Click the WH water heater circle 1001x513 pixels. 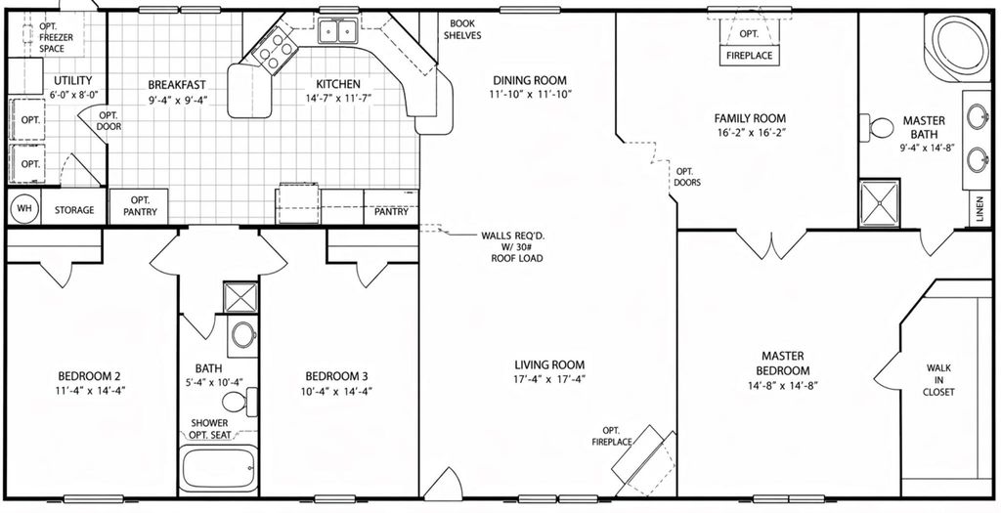24,209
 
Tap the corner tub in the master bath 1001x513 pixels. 956,46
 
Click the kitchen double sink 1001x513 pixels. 337,31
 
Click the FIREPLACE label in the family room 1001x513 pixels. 750,56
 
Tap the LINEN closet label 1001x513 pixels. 979,209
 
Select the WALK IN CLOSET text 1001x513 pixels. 938,380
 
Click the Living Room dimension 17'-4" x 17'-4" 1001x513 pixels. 549,378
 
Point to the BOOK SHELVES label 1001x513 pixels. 462,29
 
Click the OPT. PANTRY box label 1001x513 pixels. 139,205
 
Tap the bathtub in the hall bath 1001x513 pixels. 218,470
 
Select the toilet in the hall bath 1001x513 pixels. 239,402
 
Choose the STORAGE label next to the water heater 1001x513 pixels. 74,210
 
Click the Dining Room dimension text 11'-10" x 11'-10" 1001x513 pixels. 530,94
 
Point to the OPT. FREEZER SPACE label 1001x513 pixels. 56,37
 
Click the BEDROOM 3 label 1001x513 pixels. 336,376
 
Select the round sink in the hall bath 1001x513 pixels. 242,334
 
